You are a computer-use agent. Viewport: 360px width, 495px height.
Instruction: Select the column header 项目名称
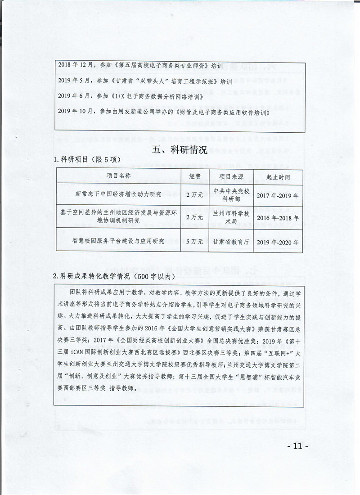(118, 176)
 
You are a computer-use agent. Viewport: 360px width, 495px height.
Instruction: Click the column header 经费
(195, 176)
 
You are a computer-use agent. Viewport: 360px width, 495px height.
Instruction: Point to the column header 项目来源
(231, 176)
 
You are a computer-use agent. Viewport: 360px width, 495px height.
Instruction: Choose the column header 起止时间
(278, 177)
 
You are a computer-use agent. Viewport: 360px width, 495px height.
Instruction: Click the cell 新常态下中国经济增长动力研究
(118, 194)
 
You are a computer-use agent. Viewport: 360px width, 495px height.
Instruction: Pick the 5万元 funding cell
(195, 241)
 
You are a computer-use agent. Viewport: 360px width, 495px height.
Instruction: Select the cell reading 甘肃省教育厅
(231, 241)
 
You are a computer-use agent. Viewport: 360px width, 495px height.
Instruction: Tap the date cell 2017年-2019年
(278, 196)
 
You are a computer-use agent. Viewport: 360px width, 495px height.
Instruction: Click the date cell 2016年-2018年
(278, 218)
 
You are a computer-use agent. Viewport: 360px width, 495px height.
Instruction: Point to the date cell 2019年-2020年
(278, 242)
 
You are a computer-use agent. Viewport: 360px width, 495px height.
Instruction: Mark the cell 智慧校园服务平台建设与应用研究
(118, 241)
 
